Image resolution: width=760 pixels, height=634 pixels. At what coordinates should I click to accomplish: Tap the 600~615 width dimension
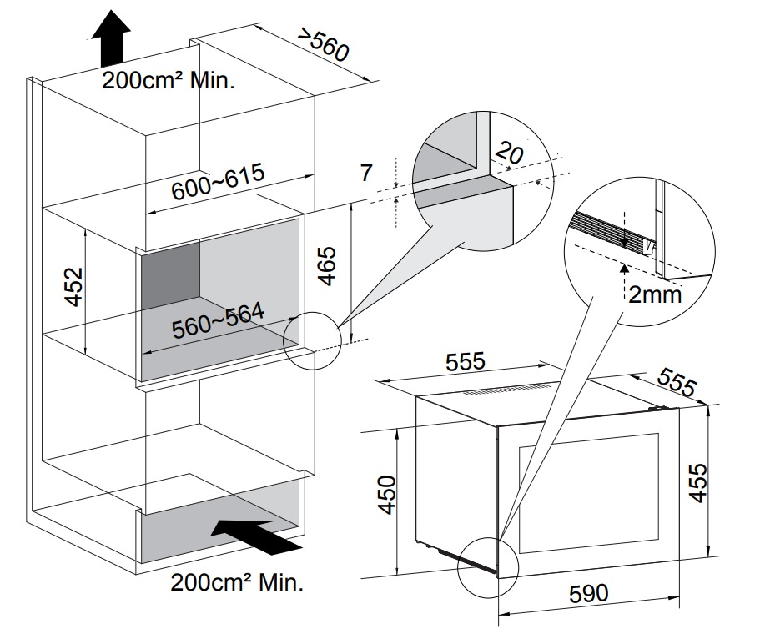point(218,184)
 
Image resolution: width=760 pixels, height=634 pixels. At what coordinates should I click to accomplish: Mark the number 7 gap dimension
point(365,174)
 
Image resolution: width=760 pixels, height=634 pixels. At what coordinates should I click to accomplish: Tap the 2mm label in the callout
point(655,294)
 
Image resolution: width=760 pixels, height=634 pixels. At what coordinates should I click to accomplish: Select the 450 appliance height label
point(386,496)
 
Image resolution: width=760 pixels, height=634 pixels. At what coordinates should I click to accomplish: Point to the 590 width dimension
point(588,594)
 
